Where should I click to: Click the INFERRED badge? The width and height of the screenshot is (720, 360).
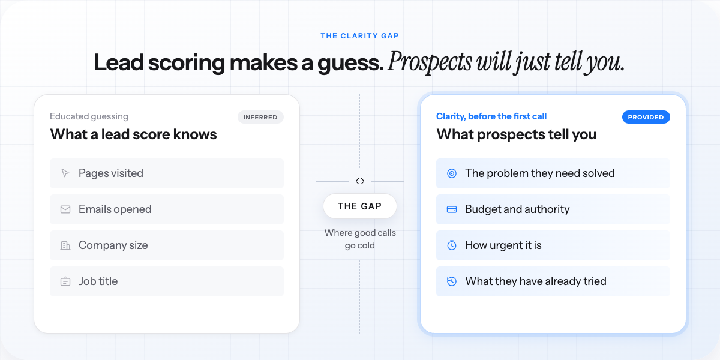click(x=260, y=117)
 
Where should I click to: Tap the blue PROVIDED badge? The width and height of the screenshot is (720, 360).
click(x=646, y=117)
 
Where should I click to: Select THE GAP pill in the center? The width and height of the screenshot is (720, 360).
click(x=359, y=206)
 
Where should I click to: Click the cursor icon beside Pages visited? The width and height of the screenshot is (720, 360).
click(x=65, y=173)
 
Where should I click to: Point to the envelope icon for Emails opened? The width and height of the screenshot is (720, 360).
click(x=65, y=209)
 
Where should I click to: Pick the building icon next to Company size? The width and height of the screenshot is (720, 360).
click(x=65, y=245)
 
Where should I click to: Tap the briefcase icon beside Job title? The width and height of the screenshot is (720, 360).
click(x=65, y=281)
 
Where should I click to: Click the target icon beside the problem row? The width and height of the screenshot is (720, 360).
click(x=452, y=173)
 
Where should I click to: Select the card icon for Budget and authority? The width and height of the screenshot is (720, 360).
click(x=452, y=209)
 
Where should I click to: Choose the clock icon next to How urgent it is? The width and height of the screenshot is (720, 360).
click(x=452, y=245)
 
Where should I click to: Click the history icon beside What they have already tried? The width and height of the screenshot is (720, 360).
click(x=452, y=281)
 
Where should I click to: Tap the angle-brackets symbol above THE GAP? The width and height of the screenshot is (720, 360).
click(x=359, y=181)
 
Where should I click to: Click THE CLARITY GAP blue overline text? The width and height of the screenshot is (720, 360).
click(x=359, y=35)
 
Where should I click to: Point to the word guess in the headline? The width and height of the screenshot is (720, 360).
click(x=350, y=63)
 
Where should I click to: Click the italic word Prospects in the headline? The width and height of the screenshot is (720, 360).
click(x=430, y=62)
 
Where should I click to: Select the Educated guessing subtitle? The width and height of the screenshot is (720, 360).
click(x=89, y=116)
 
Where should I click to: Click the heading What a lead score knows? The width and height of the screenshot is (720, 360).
click(x=133, y=134)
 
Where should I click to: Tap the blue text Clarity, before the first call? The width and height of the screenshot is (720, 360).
click(x=491, y=116)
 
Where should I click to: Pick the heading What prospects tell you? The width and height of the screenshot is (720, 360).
click(x=516, y=134)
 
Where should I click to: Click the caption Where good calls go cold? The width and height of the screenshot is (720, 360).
click(x=360, y=239)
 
